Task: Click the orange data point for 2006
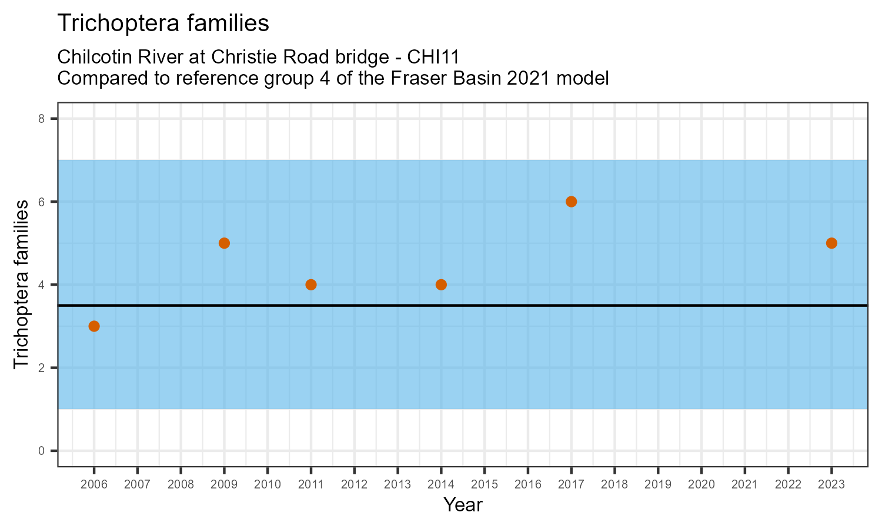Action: coord(94,326)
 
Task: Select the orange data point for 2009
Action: coord(224,243)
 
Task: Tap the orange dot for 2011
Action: coord(311,284)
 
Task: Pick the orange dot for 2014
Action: coord(441,284)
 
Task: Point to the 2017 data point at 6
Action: coord(571,202)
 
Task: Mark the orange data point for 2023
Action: coord(831,243)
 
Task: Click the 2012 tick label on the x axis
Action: coord(354,485)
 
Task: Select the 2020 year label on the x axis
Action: coord(701,485)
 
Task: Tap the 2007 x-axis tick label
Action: coord(137,485)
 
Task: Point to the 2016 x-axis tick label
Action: coord(527,485)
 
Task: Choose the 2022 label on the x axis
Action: coord(788,485)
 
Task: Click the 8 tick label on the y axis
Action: coord(41,119)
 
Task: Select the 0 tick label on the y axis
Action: coord(41,451)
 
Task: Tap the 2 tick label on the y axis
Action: coord(41,368)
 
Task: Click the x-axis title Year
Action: coord(463,505)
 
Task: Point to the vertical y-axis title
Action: coord(21,284)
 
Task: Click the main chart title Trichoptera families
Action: coord(163,24)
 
